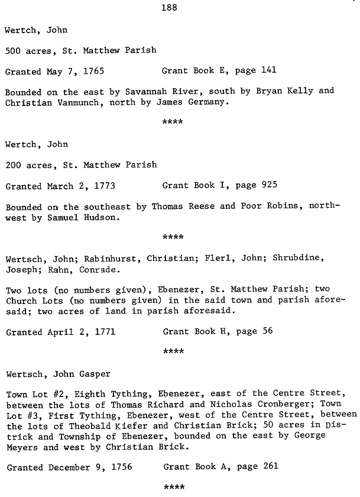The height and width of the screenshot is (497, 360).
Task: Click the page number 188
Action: [x=169, y=8]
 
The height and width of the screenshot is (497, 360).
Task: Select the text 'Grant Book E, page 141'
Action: [x=219, y=71]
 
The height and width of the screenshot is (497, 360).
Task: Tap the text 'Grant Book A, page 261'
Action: [x=219, y=466]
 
